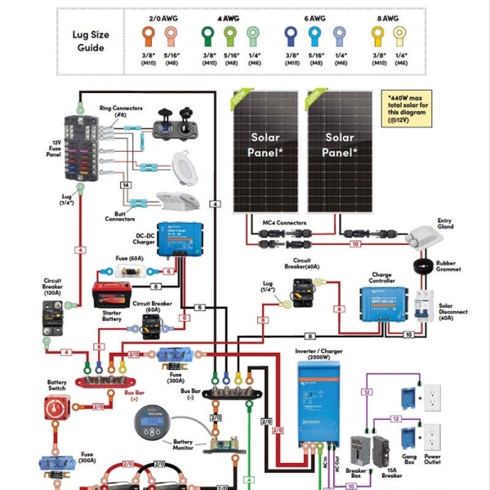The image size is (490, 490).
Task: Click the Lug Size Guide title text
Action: coord(91,42)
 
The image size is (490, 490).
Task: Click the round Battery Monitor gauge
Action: coord(150,425)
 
